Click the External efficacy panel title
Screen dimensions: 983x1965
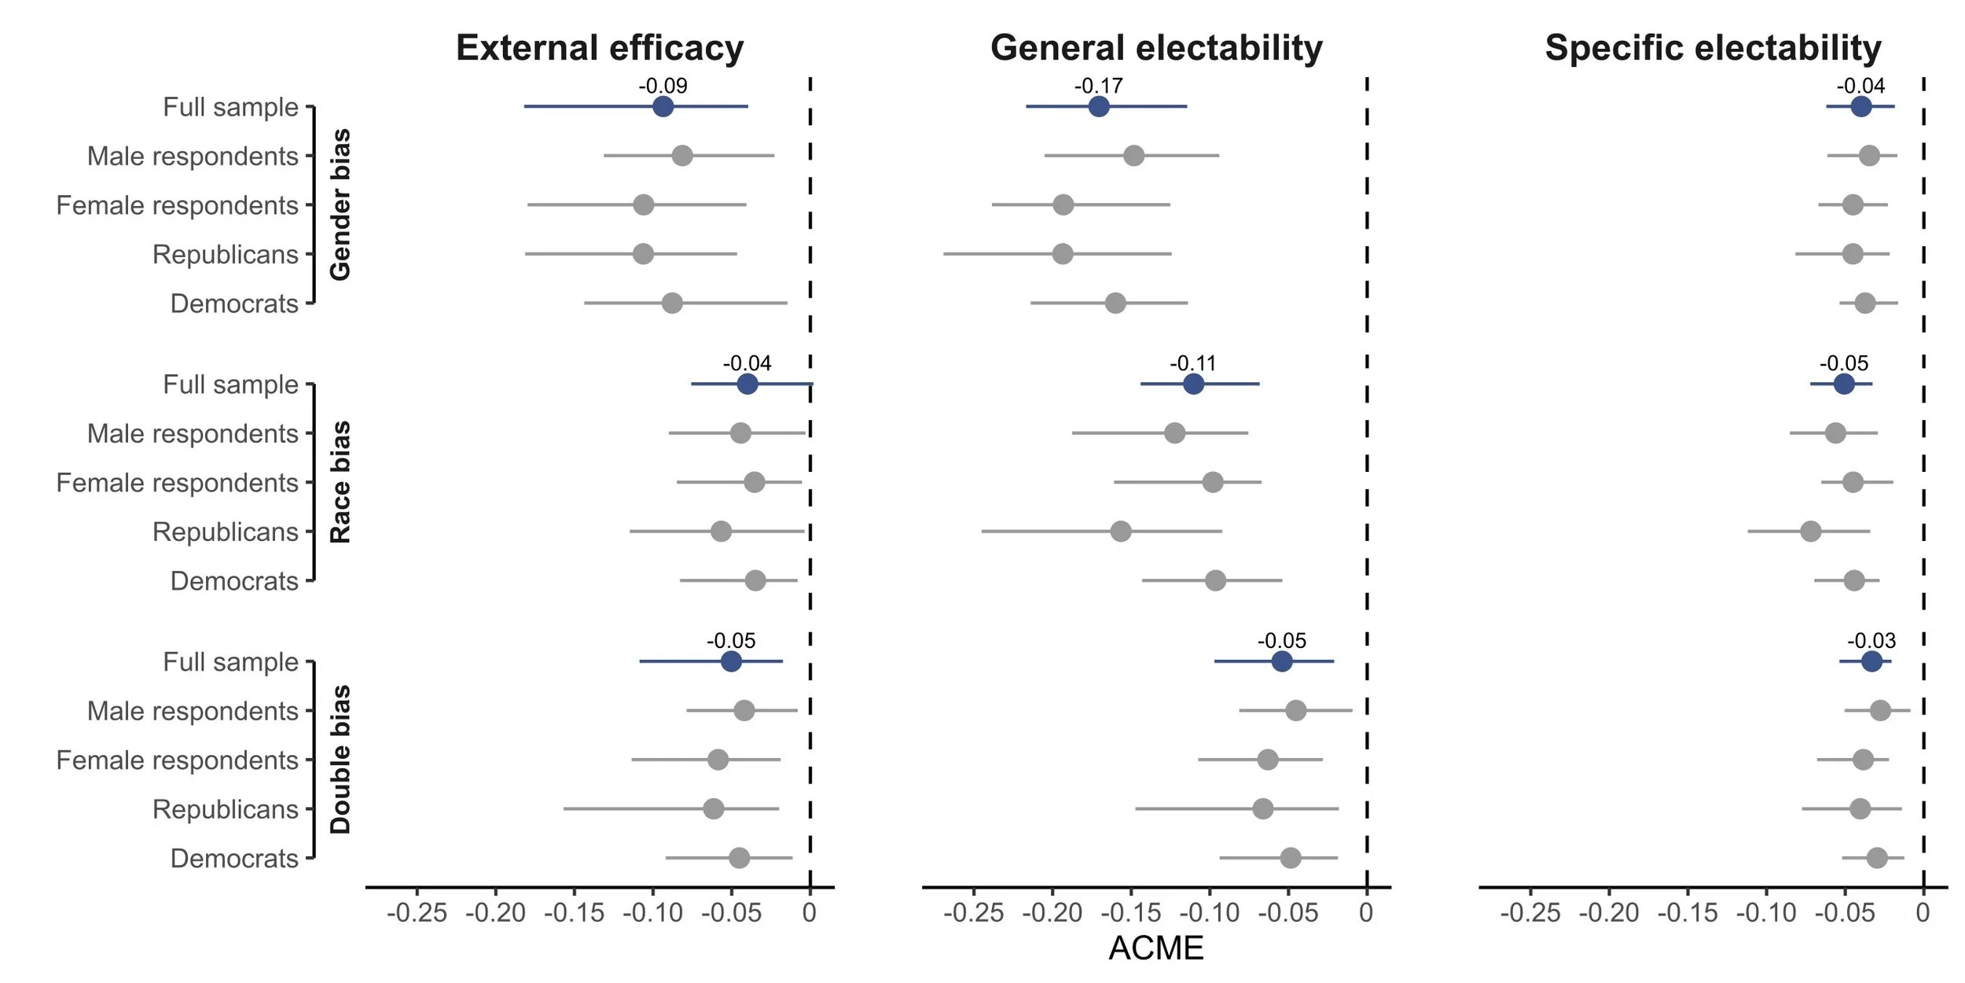click(x=600, y=48)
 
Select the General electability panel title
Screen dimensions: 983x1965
click(x=1156, y=48)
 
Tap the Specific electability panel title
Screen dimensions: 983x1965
click(x=1713, y=48)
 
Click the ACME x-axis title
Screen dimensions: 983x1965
click(x=1155, y=948)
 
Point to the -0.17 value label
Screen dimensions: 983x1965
click(x=1098, y=86)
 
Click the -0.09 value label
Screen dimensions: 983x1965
click(x=663, y=86)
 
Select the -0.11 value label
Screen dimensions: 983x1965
click(x=1192, y=363)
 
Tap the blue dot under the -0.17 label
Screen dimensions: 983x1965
click(x=1099, y=107)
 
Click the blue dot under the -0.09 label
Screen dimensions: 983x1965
click(x=663, y=107)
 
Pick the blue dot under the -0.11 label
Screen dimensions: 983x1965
click(x=1193, y=385)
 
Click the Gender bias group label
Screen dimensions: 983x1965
click(x=340, y=205)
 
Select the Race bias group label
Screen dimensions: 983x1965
click(x=340, y=482)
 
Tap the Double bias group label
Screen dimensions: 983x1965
click(x=340, y=760)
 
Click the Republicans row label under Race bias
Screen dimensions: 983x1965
click(x=225, y=532)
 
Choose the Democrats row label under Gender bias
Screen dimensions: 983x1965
click(x=234, y=304)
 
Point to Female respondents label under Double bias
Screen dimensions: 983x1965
click(x=177, y=760)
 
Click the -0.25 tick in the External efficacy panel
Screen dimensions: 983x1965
click(x=417, y=913)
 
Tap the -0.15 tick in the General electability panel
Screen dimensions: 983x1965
click(x=1130, y=913)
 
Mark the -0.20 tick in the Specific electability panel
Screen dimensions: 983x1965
click(x=1608, y=913)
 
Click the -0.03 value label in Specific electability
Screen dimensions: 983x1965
click(x=1871, y=641)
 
